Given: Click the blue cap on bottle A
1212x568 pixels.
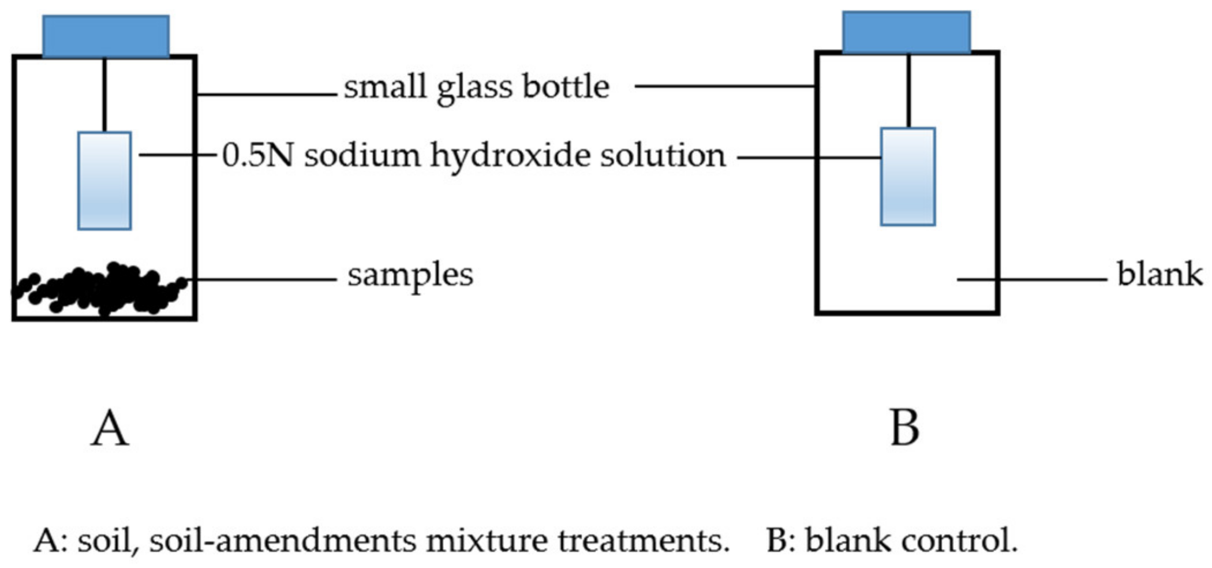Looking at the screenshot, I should coord(106,36).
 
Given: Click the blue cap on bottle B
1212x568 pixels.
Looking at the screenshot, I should coord(906,32).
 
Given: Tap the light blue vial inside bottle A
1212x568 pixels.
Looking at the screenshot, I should coord(104,181).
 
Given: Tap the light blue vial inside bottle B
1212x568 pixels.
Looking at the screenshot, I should coord(907,177).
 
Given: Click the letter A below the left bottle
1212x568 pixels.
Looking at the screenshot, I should coord(110,428).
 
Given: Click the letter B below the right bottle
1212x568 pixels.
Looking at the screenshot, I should coord(904,428).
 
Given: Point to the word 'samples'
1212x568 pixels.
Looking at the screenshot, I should coord(410,275).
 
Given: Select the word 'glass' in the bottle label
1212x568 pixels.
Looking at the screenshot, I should coord(474,88).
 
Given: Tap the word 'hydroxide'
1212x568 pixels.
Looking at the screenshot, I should coord(510,156).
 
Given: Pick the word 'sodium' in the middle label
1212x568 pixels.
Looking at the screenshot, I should coord(362,155).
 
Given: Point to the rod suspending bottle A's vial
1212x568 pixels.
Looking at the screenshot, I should coord(104,95).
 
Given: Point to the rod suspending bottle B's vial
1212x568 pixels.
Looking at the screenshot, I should coord(908,91).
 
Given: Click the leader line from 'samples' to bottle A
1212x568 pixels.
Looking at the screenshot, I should coord(265,279).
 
